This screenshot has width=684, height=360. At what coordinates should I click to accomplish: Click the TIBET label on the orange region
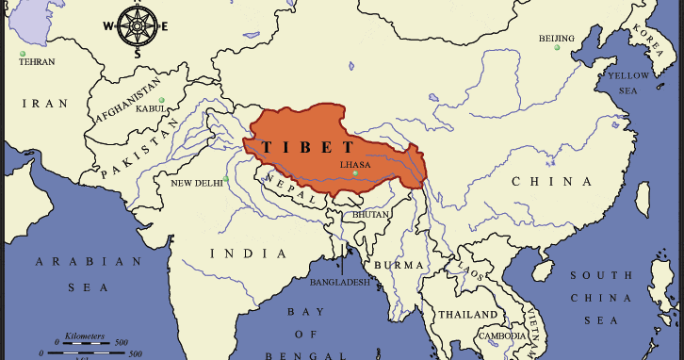click(x=308, y=148)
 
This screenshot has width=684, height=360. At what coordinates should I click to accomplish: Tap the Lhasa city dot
click(x=354, y=173)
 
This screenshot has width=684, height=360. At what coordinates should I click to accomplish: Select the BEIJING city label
click(x=556, y=39)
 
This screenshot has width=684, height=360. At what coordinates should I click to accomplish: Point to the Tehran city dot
click(x=23, y=53)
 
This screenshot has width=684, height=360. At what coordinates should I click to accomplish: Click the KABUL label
click(x=150, y=109)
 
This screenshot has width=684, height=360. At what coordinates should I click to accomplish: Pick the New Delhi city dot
click(x=226, y=178)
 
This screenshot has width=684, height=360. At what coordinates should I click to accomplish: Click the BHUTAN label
click(x=370, y=215)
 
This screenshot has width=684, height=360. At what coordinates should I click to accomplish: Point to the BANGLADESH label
click(x=339, y=281)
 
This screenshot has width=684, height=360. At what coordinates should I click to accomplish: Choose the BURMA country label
click(x=393, y=266)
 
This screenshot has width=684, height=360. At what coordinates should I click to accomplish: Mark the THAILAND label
click(x=465, y=314)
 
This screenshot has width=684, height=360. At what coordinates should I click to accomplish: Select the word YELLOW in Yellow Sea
click(x=627, y=75)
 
